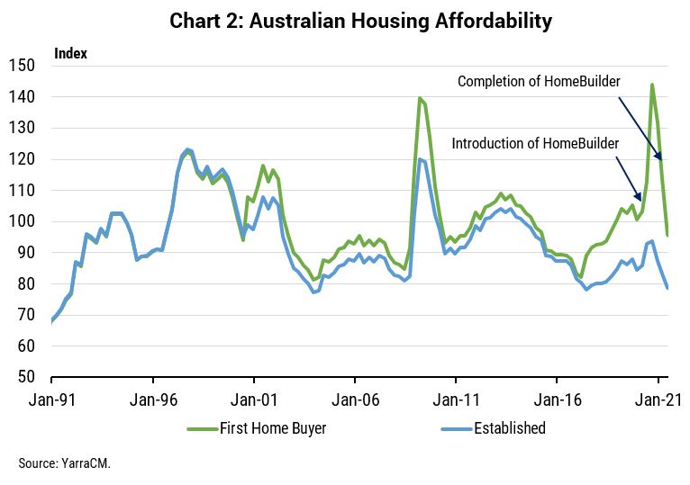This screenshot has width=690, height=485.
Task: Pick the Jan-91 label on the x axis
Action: [51, 396]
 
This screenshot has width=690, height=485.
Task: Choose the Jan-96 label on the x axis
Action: [152, 396]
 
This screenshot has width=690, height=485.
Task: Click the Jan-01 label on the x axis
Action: [253, 396]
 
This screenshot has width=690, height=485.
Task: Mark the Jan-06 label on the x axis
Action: [355, 396]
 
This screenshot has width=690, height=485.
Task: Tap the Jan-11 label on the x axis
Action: [456, 396]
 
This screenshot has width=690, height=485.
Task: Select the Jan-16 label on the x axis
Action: [557, 396]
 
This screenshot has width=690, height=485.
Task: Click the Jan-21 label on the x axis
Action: [658, 396]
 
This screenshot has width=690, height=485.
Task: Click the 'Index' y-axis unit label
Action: [70, 53]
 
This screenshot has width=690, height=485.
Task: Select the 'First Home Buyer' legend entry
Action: [273, 428]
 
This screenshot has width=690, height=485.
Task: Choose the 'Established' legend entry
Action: [510, 428]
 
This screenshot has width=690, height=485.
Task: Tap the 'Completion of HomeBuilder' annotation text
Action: [539, 82]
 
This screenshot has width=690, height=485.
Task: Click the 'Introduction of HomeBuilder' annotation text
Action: [536, 143]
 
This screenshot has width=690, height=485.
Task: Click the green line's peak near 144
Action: [652, 85]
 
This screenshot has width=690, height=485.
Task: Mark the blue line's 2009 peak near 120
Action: [420, 159]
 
